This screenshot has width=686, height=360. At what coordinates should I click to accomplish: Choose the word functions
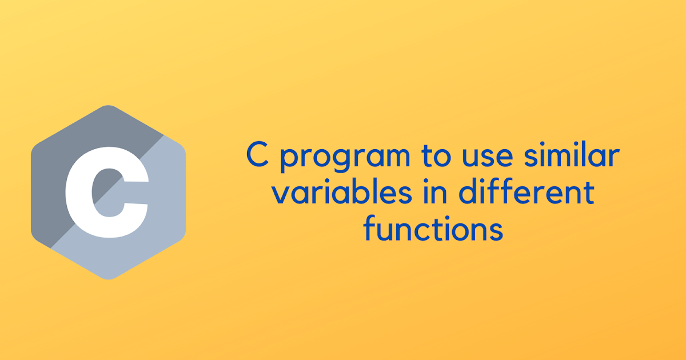click(x=434, y=230)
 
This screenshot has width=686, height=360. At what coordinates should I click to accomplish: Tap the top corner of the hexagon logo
click(x=108, y=106)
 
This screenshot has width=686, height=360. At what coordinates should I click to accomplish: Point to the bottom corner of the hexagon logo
click(x=108, y=279)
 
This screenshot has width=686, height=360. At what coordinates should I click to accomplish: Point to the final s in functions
click(x=497, y=231)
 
